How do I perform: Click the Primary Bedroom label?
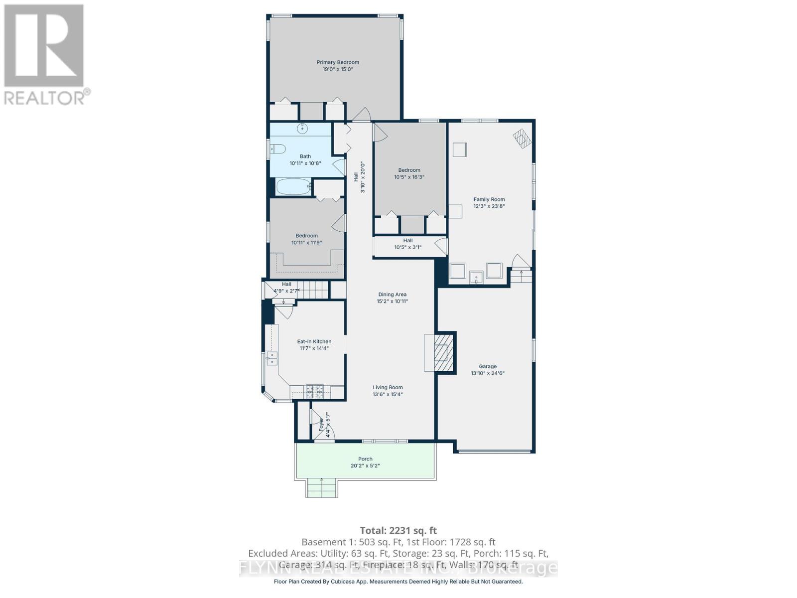click(x=338, y=62)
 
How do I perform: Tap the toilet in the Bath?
click(x=277, y=149)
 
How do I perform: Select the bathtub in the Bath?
click(x=293, y=187)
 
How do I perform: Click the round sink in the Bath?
click(x=302, y=129)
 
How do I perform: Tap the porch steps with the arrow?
click(x=322, y=488)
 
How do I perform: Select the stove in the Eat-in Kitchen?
click(x=315, y=392)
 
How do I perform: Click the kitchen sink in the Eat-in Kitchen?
click(x=272, y=358)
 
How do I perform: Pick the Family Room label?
click(x=489, y=199)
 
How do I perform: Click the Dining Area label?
click(x=392, y=295)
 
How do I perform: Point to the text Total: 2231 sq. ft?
click(x=398, y=531)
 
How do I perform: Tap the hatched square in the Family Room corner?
click(x=523, y=139)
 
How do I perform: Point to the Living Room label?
click(x=388, y=387)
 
